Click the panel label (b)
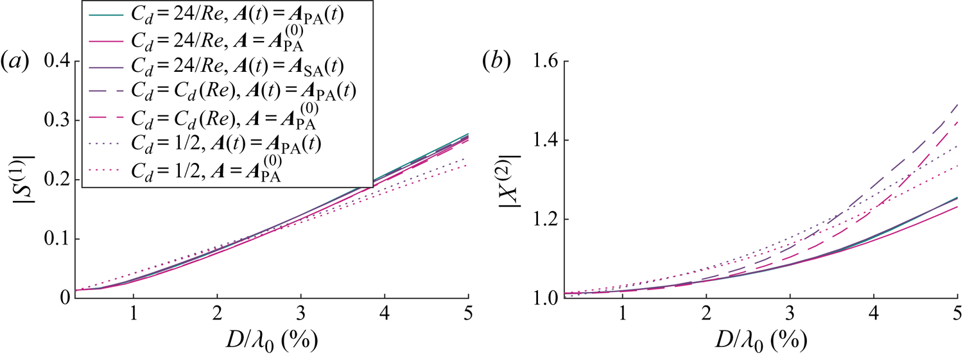coord(495,62)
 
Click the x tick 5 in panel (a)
coord(468,316)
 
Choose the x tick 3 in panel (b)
coord(790,316)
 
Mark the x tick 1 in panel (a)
coord(134,316)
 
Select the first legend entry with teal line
coord(225,14)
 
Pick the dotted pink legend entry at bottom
coord(212,170)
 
